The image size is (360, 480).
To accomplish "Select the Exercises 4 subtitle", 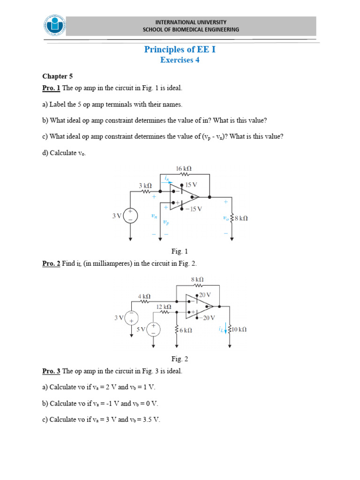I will [x=180, y=60].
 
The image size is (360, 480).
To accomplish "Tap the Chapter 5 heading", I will [x=57, y=76].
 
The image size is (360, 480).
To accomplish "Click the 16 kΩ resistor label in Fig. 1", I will [x=184, y=168].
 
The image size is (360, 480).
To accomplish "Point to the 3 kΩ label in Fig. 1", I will [x=145, y=186].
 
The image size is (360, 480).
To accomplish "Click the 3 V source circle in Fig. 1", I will [x=130, y=216].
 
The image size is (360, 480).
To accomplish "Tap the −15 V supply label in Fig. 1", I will [x=193, y=209].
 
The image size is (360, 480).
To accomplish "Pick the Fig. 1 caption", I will [x=180, y=251].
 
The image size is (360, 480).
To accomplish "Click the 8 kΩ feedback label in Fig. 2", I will [x=197, y=279].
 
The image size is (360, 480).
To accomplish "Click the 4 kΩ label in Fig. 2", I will [x=144, y=296].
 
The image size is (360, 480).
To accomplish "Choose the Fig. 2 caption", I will [x=180, y=359].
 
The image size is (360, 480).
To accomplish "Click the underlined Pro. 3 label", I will [x=51, y=371].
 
